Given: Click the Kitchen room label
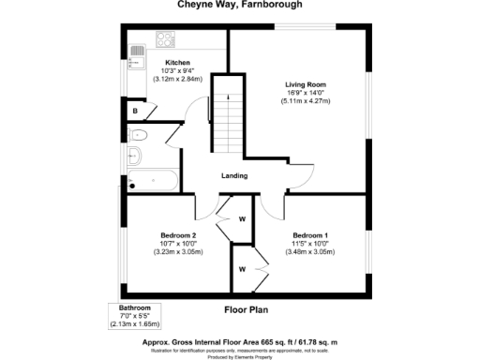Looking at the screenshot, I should tap(177, 63).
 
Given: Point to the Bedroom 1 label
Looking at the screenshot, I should tap(310, 234).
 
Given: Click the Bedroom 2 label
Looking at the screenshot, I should tap(177, 234).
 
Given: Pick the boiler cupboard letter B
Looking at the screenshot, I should tap(137, 112).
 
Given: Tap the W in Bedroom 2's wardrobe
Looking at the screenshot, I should tap(241, 220).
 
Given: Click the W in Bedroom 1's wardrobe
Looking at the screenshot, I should tap(241, 270).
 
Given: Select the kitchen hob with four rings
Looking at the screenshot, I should tap(166, 40).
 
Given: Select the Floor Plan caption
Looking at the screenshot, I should tap(247, 307).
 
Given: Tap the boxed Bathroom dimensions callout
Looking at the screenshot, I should tap(135, 316).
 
